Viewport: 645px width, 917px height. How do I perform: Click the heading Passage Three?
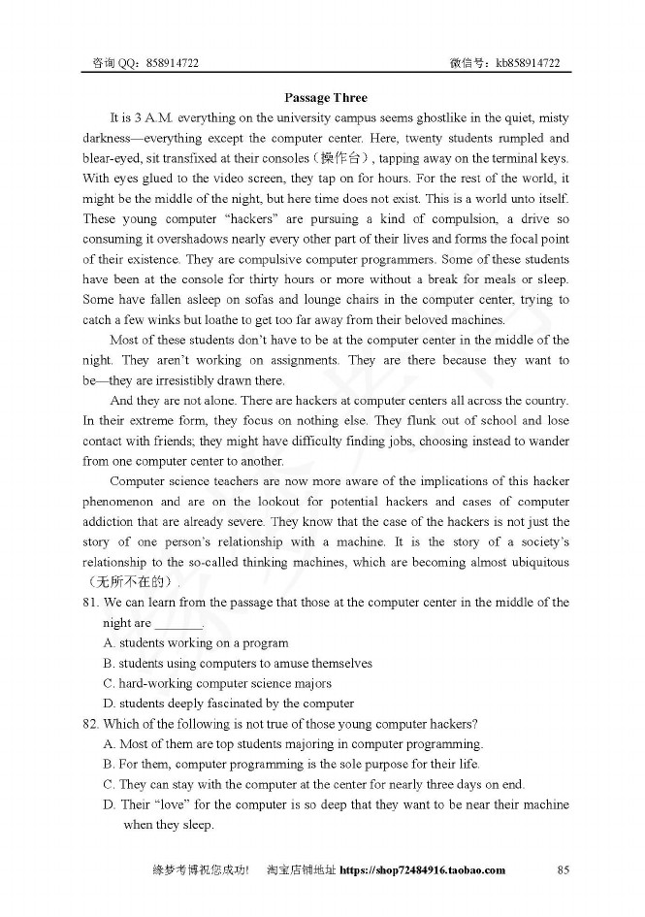(326, 97)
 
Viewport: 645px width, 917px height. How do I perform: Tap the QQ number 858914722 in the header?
(172, 63)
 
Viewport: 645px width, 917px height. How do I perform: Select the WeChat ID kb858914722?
(528, 63)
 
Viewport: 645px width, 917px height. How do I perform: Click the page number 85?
(563, 869)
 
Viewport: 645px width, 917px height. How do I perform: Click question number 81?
(90, 603)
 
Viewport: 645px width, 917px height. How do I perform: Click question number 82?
(90, 724)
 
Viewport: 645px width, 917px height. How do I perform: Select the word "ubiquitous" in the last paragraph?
(538, 562)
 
